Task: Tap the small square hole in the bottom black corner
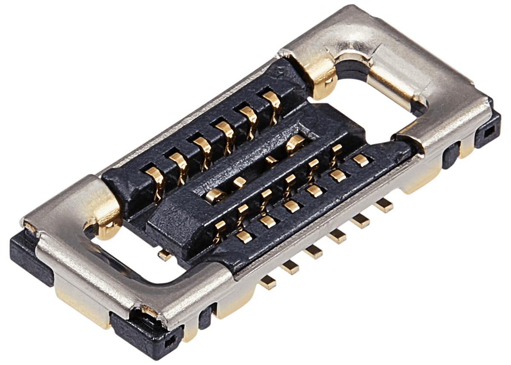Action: click(x=170, y=341)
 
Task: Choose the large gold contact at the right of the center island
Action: click(x=295, y=144)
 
